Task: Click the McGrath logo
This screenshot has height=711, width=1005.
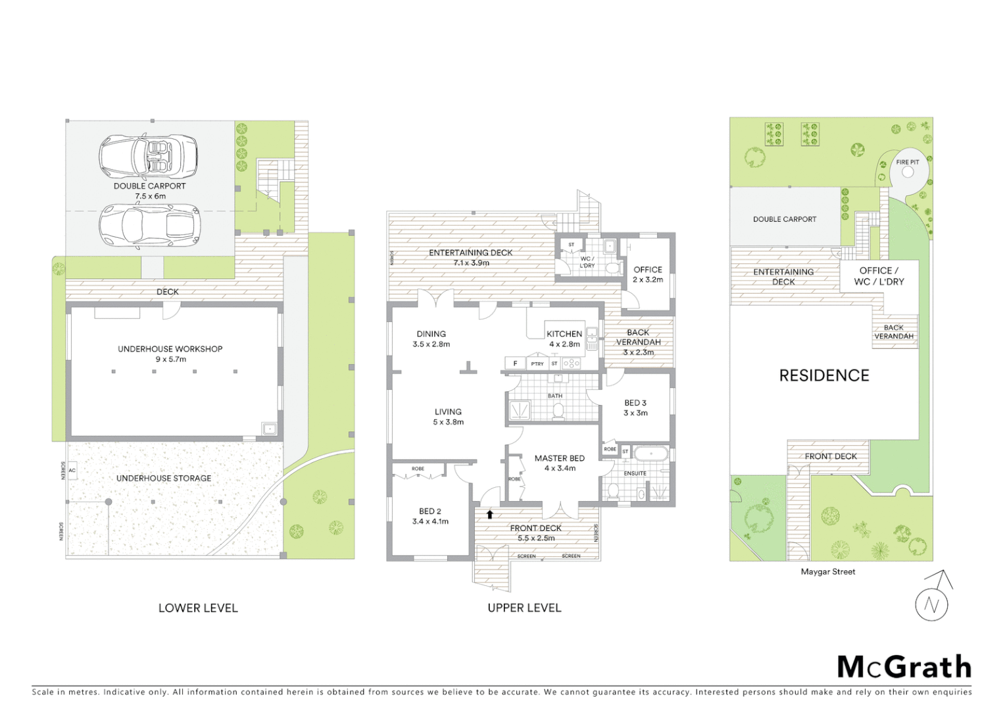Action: (904, 667)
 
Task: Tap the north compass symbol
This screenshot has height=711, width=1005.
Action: (932, 604)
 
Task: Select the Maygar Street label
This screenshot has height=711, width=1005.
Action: (827, 571)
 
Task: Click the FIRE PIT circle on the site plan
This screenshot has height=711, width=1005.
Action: (908, 172)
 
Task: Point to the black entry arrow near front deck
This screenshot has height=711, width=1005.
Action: (489, 514)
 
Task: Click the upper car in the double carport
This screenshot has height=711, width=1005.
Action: (149, 157)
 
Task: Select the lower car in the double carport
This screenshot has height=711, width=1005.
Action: (149, 225)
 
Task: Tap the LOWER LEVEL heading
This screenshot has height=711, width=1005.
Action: (198, 608)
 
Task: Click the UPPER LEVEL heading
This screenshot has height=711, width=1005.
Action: (524, 608)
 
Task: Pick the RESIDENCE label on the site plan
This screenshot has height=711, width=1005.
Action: (824, 375)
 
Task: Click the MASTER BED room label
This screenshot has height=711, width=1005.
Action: (559, 458)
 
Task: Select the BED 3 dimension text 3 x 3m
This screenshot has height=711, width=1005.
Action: (635, 413)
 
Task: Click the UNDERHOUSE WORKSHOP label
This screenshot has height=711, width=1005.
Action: (170, 349)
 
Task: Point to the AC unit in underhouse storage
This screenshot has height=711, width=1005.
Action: (72, 470)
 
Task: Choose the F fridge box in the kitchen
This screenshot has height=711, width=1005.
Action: (515, 363)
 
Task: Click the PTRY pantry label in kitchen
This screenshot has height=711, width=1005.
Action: (537, 363)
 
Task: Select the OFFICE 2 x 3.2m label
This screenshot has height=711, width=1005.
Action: (648, 275)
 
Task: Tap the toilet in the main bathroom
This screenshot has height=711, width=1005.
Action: (558, 411)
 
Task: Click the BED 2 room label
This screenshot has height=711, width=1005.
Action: (430, 511)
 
